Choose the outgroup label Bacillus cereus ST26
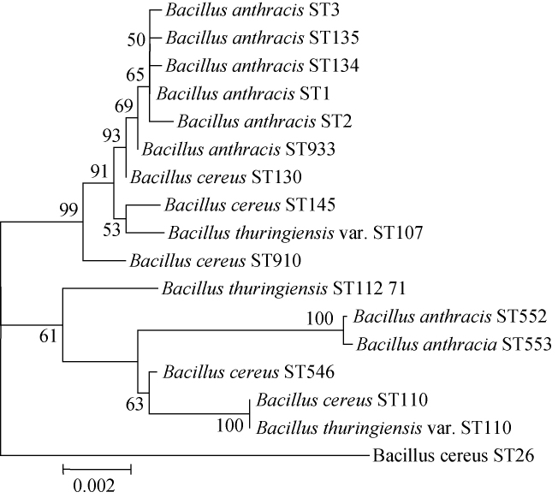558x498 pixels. [x=454, y=454]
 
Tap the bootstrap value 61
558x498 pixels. [x=49, y=335]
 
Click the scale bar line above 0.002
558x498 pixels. [x=97, y=469]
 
